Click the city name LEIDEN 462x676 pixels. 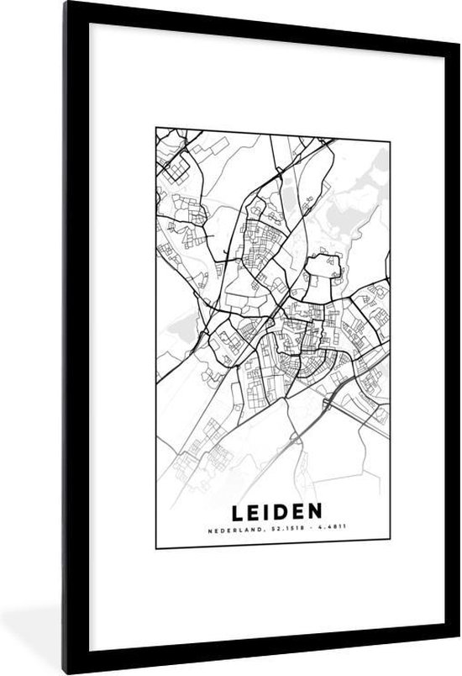(x=273, y=512)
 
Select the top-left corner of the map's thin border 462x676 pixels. (x=155, y=128)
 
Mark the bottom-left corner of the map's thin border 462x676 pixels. (x=155, y=548)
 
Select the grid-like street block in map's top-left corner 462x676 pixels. (x=178, y=168)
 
